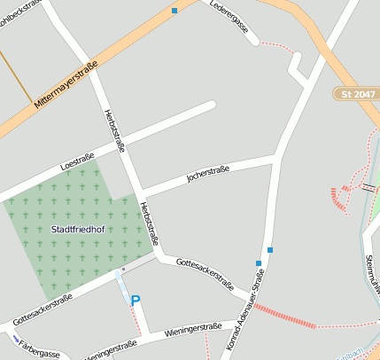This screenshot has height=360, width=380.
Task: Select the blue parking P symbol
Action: point(136,301)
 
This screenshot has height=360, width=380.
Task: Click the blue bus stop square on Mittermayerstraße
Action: point(174,11)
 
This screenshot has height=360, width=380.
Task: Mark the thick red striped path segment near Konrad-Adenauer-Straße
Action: point(284,317)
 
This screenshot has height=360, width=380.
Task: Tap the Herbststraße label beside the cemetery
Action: point(149,223)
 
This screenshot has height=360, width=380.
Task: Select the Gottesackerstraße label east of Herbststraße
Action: point(205,274)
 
